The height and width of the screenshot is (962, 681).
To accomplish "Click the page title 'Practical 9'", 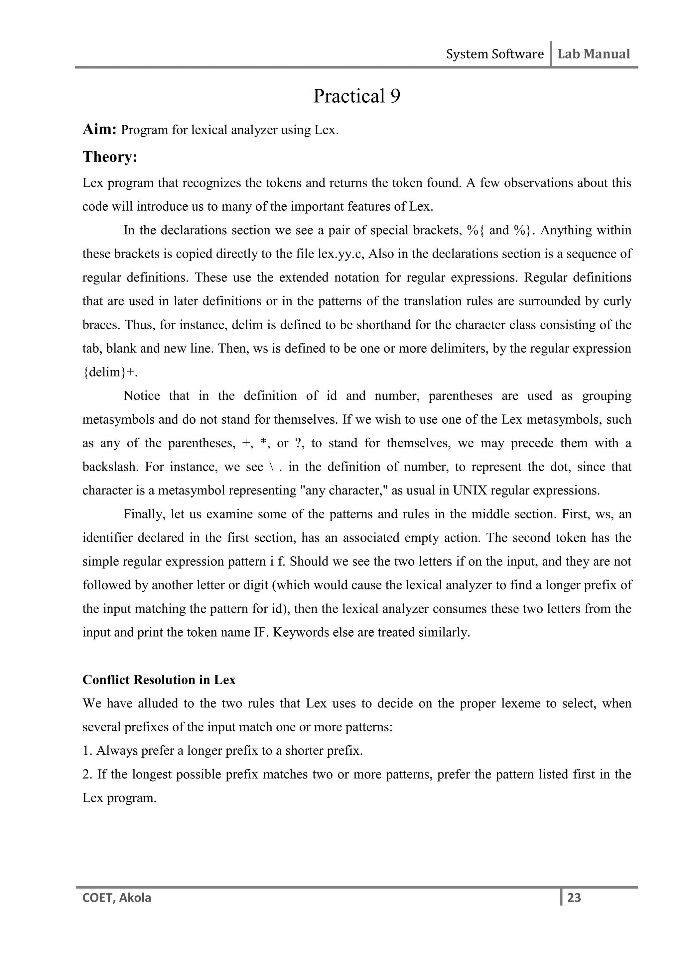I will coord(356,96).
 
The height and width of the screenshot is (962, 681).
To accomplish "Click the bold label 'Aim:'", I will coord(99,130).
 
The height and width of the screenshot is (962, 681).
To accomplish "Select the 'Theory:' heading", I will coord(110,157).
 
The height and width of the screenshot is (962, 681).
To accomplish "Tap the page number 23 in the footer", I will coord(574,898).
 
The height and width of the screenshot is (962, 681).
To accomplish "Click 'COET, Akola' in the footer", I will coord(117,898).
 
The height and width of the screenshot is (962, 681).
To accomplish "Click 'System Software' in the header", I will coord(494,54).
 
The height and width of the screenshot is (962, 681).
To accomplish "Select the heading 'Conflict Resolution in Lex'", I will coord(159,680).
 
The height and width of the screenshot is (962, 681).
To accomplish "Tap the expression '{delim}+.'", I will coord(110,373).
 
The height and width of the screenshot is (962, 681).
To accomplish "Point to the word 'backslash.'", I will coord(110,467).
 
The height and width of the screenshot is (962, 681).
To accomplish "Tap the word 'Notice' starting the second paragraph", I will coord(142,396).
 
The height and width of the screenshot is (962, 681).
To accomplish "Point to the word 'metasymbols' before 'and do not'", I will coord(118,419).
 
